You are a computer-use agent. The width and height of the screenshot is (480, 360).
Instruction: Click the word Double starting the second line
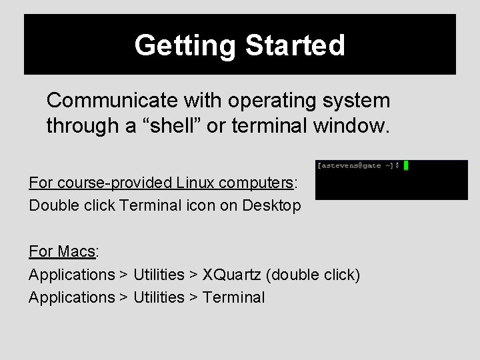(x=50, y=205)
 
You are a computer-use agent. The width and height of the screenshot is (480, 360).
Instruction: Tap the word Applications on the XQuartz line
(x=72, y=274)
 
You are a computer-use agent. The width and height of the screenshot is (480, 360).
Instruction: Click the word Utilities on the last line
(x=159, y=297)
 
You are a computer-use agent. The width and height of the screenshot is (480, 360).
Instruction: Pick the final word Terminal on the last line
(x=233, y=297)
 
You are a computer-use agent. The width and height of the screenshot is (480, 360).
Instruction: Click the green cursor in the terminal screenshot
(x=405, y=165)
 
